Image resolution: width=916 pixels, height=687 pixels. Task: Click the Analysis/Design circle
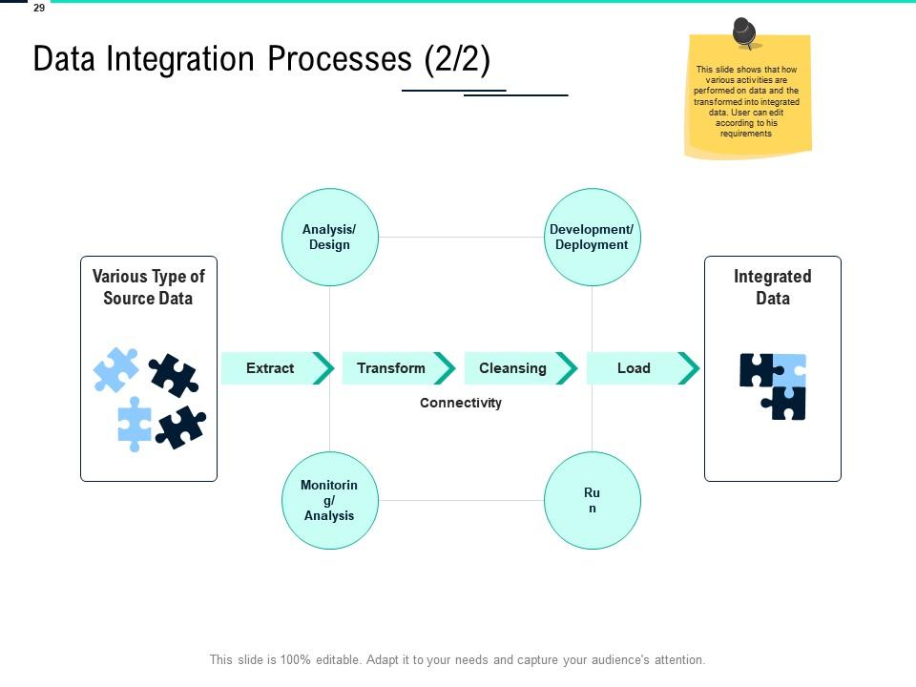(x=329, y=237)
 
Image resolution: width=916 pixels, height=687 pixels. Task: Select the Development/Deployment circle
(x=592, y=237)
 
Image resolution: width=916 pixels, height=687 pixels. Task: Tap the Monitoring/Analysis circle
(x=329, y=500)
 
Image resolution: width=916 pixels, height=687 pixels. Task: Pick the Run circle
(x=592, y=500)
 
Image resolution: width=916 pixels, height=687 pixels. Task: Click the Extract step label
(x=270, y=368)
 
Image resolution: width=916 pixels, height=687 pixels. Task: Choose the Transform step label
(x=391, y=368)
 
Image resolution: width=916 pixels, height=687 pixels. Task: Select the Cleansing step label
(x=512, y=368)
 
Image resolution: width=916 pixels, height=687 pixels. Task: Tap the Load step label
(x=634, y=368)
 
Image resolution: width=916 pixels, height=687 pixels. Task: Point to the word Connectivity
(x=461, y=403)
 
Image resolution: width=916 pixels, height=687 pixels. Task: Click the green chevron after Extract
(x=324, y=368)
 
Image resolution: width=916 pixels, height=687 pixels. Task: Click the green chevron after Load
(x=689, y=368)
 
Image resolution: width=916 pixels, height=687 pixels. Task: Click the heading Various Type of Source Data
(x=149, y=287)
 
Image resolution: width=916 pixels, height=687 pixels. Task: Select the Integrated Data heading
(x=773, y=287)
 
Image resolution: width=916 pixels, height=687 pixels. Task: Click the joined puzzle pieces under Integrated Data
(x=774, y=385)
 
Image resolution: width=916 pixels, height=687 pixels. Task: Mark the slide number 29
(x=39, y=8)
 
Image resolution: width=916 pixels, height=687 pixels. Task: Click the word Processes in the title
(x=342, y=59)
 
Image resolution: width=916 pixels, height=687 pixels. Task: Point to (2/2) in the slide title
(x=457, y=59)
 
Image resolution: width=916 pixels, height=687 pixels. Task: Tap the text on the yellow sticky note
(x=747, y=101)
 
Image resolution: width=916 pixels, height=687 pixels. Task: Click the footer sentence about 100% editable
(x=457, y=659)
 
